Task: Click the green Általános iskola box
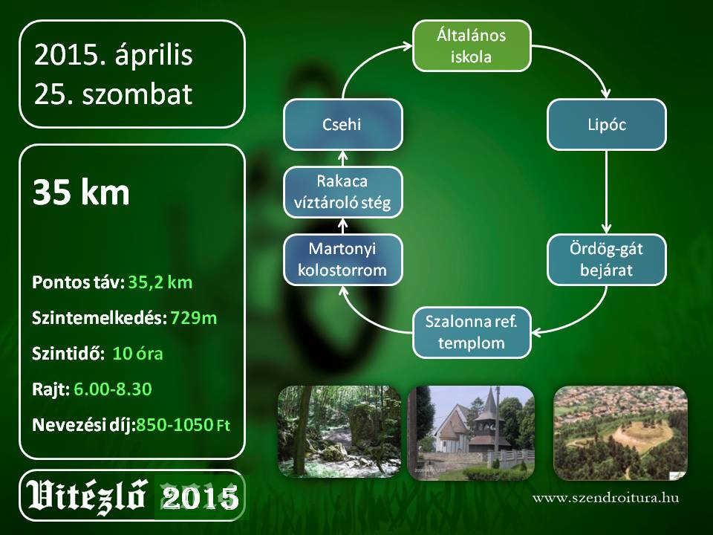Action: pos(472,45)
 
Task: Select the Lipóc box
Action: pos(607,125)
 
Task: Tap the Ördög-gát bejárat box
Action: pos(607,260)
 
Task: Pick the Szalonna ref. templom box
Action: pos(472,333)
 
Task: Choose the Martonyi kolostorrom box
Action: pos(343,260)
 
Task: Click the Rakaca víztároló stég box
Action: pos(343,192)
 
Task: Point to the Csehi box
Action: pos(343,125)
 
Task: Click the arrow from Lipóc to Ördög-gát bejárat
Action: pos(606,192)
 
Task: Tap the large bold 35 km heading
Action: pos(81,192)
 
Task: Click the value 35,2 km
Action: pos(160,282)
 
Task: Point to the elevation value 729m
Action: pos(194,318)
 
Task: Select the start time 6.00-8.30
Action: pos(112,389)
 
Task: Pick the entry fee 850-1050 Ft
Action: pos(183,425)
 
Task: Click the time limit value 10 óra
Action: pos(137,354)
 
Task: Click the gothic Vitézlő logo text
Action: pos(86,496)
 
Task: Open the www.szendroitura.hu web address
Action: pos(606,498)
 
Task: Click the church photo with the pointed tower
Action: pos(472,433)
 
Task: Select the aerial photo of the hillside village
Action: pos(620,433)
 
